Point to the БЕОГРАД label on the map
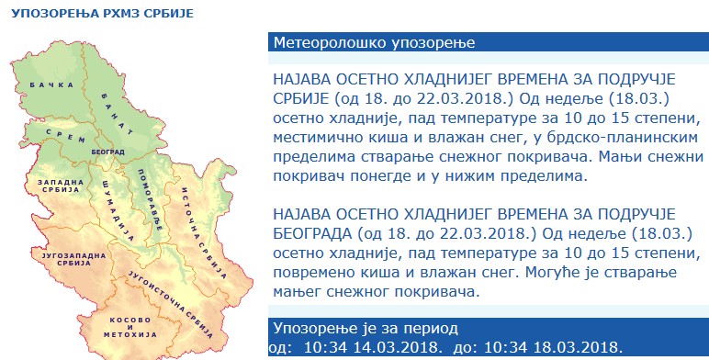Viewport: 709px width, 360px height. pyautogui.click(x=108, y=149)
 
